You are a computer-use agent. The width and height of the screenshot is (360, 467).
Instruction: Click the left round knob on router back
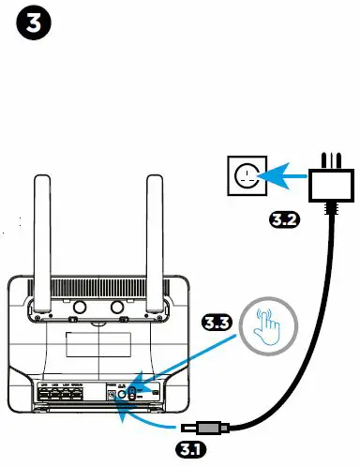pos(79,308)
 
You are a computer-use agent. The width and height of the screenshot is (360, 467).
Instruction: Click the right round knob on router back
pos(117,308)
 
